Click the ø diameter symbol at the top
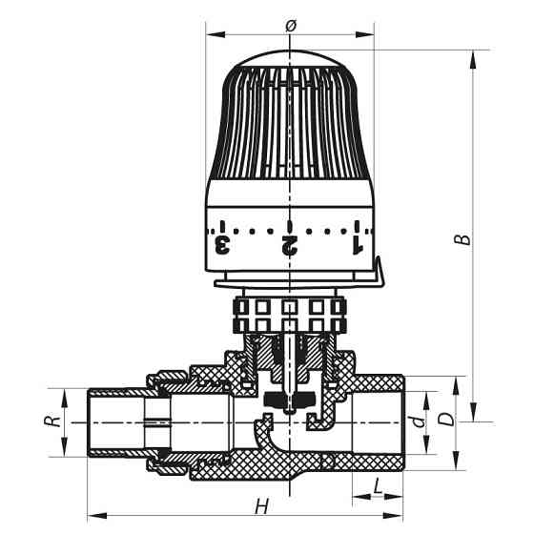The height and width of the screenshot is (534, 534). click(x=290, y=26)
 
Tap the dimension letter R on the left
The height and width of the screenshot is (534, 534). click(x=55, y=418)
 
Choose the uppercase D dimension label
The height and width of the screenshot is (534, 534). click(x=443, y=420)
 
